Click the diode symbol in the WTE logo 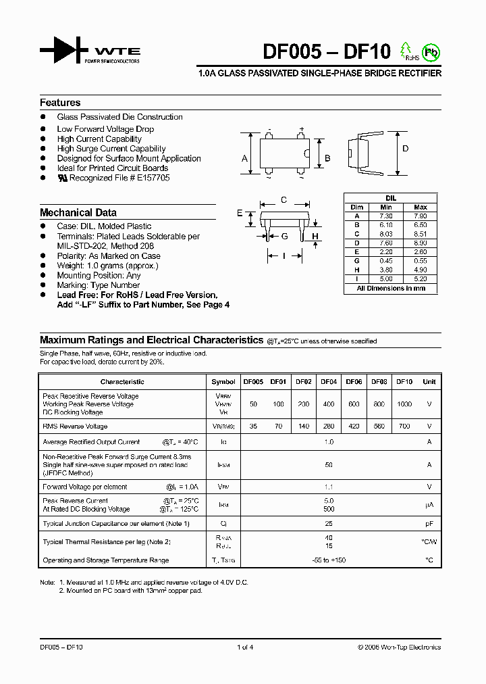tap(64, 51)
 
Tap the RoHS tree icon tap(406, 50)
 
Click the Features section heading tap(60, 103)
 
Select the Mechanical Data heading tap(78, 212)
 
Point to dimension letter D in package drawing tap(406, 149)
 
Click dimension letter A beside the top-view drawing tap(244, 159)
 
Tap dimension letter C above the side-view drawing tap(284, 199)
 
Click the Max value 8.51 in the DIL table tap(420, 234)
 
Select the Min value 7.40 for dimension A tap(386, 216)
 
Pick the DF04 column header tap(329, 382)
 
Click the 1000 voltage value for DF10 tap(404, 404)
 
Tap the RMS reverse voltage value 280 tap(329, 426)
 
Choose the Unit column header tap(429, 382)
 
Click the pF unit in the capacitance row tap(429, 524)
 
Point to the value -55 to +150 tap(329, 560)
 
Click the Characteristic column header tap(122, 382)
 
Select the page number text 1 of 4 tap(245, 647)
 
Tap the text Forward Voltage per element tap(85, 487)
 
